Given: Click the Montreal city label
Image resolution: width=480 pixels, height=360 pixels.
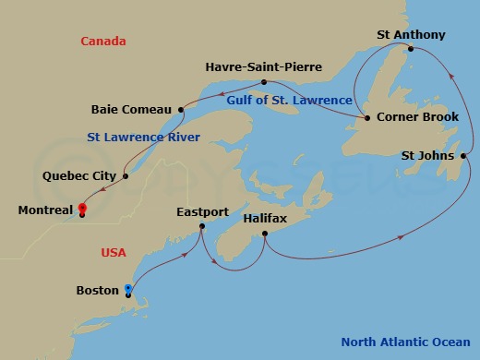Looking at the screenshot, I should point(45,210).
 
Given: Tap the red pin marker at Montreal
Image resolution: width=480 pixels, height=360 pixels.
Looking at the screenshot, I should point(82,209).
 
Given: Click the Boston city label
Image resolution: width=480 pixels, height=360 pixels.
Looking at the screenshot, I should point(97,290).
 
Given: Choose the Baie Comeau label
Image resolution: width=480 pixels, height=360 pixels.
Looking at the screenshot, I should point(130,109).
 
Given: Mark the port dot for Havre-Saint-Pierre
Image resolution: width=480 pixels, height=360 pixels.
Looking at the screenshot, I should point(265,82).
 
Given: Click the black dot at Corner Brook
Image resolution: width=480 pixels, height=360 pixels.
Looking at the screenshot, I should point(367,118).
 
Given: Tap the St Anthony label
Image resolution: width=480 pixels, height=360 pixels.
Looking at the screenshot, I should point(411,35).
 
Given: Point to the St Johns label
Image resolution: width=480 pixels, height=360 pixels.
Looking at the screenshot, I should point(427,155).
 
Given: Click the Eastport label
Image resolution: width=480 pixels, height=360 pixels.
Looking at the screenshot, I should point(202,212).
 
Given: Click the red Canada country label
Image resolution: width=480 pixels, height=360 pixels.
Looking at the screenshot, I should point(103,41).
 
